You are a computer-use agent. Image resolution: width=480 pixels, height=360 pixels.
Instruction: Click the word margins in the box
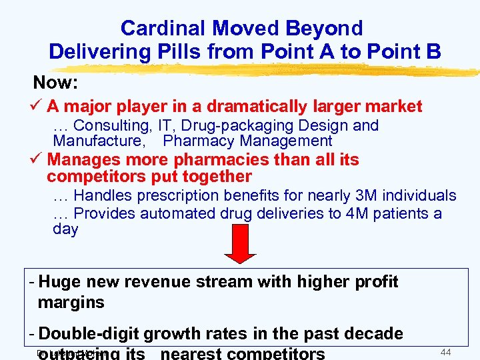[x=71, y=302]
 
